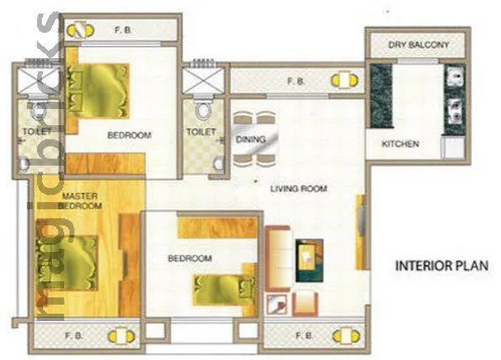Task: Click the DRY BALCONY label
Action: pos(418,44)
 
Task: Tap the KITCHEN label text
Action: pos(400,144)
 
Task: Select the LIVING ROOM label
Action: pos(299,188)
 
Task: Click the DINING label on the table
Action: pos(250,139)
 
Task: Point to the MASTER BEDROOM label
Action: pos(80,201)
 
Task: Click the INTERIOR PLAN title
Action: pos(442,266)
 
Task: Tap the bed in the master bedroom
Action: pos(67,263)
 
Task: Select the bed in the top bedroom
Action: pos(97,91)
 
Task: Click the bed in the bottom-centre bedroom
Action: pos(224,290)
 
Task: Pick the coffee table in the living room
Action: pos(309,260)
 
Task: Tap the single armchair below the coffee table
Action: pos(305,304)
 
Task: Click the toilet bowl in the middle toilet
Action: pos(203,110)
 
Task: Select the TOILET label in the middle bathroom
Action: pos(201,131)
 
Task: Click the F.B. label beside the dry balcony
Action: pos(296,81)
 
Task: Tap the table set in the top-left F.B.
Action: pos(80,31)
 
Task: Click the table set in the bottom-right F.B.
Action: pos(346,336)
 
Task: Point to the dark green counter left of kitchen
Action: pos(381,96)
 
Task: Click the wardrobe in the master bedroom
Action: pos(129,265)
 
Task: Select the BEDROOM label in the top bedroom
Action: pos(129,135)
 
